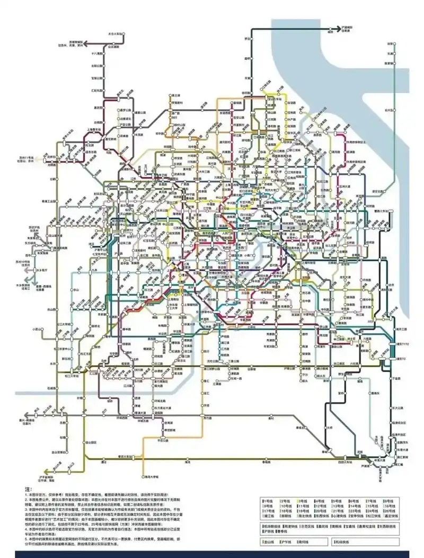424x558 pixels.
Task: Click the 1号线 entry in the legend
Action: pyautogui.click(x=270, y=501)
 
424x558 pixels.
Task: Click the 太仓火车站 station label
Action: pyautogui.click(x=115, y=33)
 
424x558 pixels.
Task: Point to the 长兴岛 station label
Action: pyautogui.click(x=390, y=110)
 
